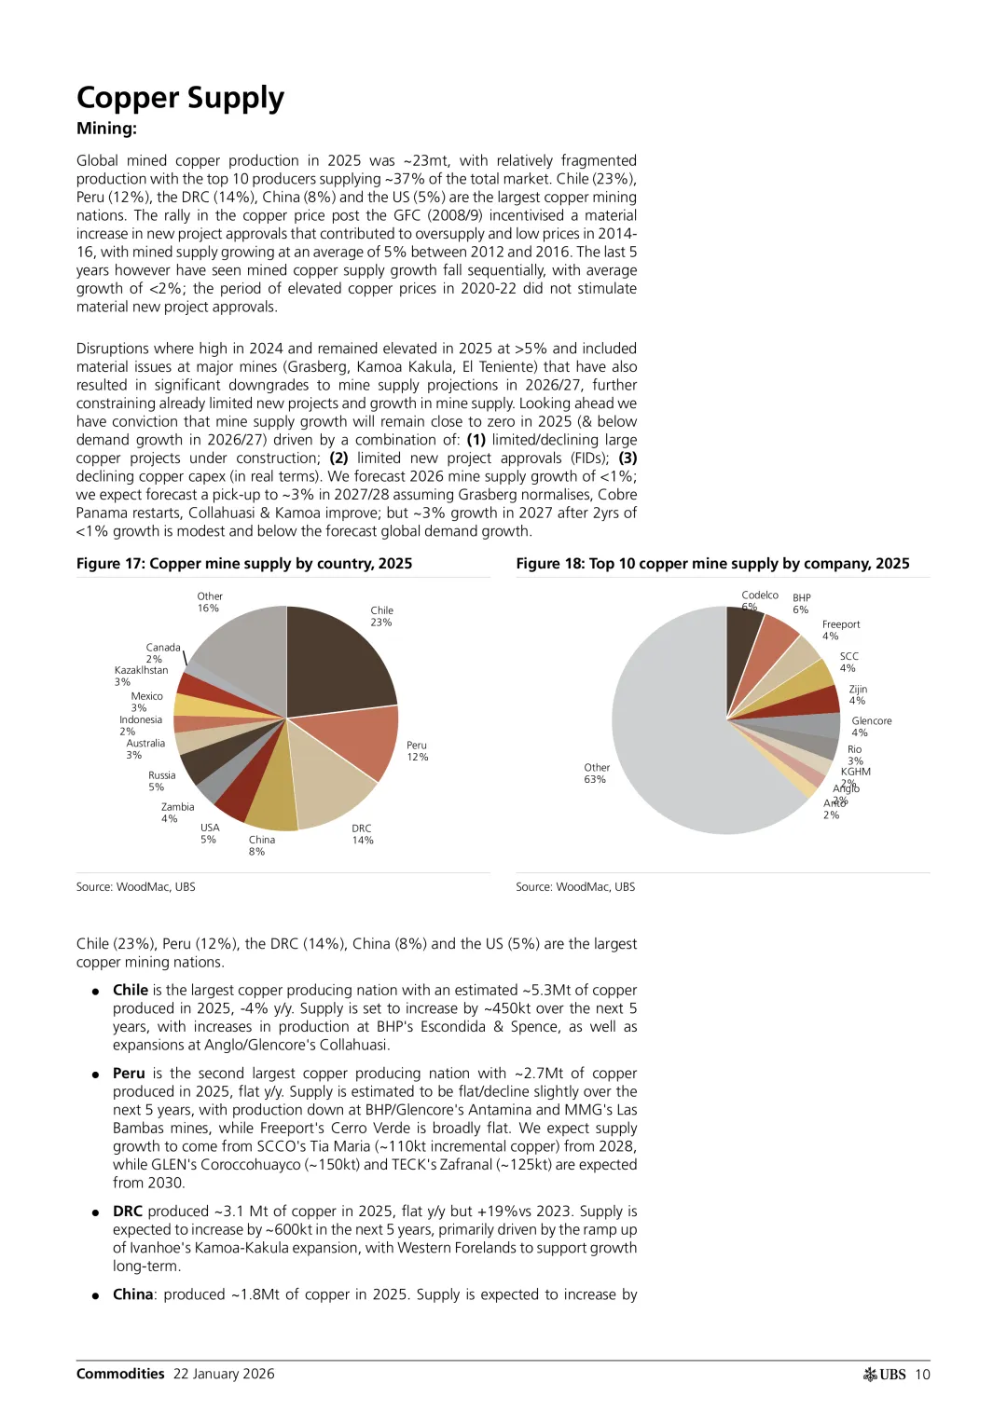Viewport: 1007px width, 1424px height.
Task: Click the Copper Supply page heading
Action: tap(180, 98)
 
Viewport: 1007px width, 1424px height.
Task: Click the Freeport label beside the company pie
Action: tap(840, 624)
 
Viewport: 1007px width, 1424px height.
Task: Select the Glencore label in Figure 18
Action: tap(871, 721)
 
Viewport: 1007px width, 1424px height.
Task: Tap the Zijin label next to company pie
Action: tap(857, 690)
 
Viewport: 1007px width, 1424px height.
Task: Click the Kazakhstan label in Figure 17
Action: tap(141, 670)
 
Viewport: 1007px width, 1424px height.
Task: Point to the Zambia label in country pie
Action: tap(177, 807)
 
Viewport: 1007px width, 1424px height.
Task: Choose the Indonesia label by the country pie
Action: tap(140, 719)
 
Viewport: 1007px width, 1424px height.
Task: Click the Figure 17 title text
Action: tap(244, 564)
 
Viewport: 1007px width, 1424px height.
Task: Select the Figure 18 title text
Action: tap(712, 564)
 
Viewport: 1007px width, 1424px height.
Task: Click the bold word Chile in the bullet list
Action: tap(131, 990)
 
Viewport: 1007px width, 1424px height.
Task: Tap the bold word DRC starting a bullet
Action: tap(128, 1211)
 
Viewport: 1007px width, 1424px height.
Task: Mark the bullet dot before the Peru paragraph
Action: tap(95, 1075)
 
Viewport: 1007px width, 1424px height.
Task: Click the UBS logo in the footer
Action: tap(885, 1374)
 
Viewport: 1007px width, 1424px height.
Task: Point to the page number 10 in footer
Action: tap(922, 1374)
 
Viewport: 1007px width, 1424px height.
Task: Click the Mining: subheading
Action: tap(106, 129)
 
